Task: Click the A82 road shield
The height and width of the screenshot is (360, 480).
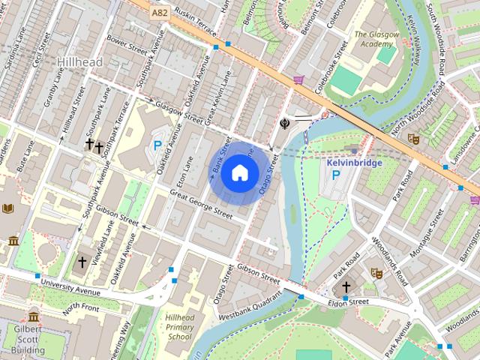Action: click(158, 13)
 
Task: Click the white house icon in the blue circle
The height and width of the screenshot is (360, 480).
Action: click(239, 173)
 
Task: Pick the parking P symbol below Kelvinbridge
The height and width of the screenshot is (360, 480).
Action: click(337, 175)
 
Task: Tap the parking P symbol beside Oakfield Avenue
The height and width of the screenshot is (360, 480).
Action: click(157, 146)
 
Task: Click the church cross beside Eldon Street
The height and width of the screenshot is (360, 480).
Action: click(346, 286)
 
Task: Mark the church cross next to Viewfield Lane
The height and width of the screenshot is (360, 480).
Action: click(82, 262)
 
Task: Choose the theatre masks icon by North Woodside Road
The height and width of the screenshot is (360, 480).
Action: click(412, 138)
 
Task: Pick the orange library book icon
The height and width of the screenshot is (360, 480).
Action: click(7, 208)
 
